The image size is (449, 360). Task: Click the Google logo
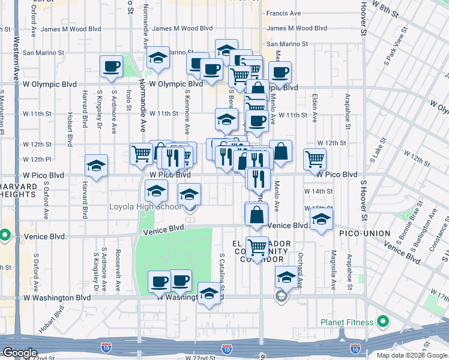(20, 353)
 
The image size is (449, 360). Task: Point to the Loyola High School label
(145, 207)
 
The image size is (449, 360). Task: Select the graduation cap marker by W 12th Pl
(96, 166)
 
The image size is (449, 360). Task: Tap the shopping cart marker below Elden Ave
(315, 159)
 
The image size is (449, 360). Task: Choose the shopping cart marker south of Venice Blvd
(258, 247)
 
